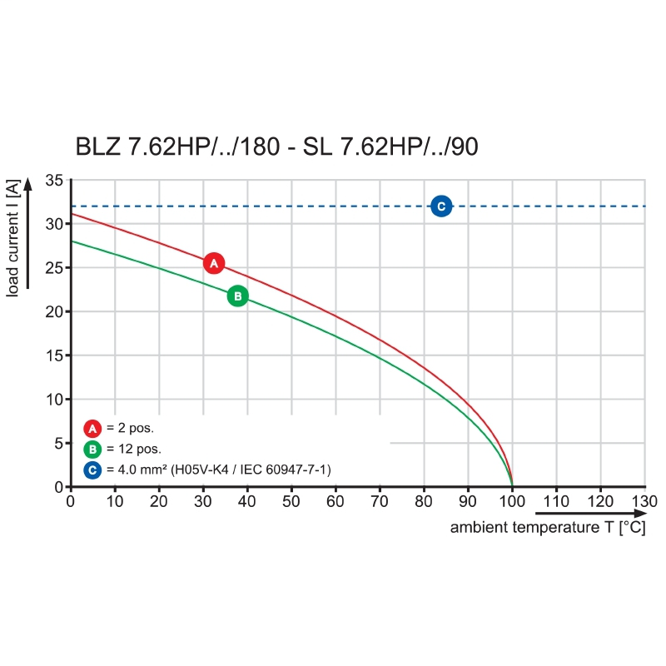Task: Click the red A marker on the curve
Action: [x=214, y=263]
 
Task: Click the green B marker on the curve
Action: [x=237, y=296]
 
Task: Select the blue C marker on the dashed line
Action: [x=441, y=206]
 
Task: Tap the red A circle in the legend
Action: [x=92, y=429]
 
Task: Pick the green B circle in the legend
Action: [x=92, y=450]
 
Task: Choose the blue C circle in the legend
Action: [x=92, y=470]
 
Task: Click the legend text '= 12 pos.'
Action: [x=133, y=450]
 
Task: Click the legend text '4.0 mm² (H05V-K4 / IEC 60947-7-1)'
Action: [x=218, y=470]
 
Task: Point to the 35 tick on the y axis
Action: [x=54, y=180]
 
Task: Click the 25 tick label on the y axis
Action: [x=54, y=268]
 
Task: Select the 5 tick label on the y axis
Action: [x=58, y=444]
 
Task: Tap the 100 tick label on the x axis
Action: [x=511, y=502]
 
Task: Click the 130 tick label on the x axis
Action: [x=644, y=502]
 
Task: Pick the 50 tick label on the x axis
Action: [x=291, y=502]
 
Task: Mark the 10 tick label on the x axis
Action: [x=114, y=502]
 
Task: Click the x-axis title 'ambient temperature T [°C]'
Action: [x=548, y=528]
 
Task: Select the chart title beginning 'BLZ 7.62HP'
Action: [x=276, y=147]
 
